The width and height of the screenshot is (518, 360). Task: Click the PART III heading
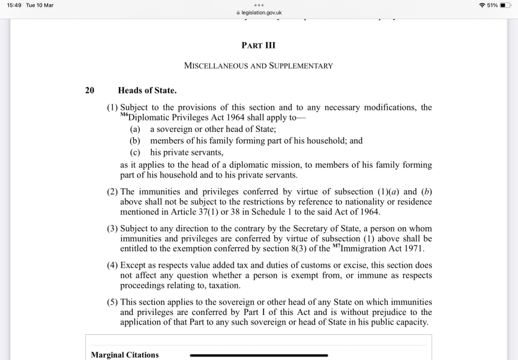point(258,46)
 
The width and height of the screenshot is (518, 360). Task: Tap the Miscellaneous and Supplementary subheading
point(258,65)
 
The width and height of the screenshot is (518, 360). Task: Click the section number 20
point(89,91)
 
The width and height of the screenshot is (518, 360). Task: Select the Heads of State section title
point(147,91)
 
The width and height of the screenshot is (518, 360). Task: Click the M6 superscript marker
point(124,115)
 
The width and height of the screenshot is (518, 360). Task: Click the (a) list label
point(135,129)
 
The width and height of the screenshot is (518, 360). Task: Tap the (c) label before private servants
point(135,152)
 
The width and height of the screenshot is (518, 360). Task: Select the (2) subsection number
point(112,192)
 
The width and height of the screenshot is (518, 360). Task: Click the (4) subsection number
point(112,265)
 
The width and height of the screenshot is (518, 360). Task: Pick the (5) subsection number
point(112,302)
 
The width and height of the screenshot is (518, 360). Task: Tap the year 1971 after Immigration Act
point(414,248)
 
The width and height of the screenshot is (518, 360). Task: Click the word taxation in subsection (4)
point(220,286)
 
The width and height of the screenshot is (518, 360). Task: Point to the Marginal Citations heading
point(125,355)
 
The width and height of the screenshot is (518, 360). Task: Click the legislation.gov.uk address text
point(261,12)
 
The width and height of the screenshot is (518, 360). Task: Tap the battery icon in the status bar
point(505,5)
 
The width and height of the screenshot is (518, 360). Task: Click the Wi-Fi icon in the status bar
point(483,5)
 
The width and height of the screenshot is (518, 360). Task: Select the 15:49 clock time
point(14,5)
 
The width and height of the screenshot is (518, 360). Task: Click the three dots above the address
point(259,5)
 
